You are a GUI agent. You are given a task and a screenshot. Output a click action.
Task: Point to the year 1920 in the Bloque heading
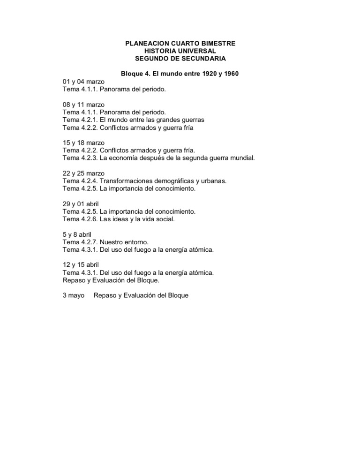(x=205, y=74)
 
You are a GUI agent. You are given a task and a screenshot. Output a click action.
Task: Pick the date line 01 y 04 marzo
(x=83, y=81)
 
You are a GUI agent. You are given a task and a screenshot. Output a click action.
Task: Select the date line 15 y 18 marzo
(x=83, y=143)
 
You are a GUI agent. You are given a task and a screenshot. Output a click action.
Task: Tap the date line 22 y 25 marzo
(x=83, y=173)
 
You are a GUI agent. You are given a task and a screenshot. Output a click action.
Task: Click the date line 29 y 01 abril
(x=82, y=204)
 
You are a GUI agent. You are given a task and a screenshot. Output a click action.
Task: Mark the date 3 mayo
(x=73, y=296)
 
